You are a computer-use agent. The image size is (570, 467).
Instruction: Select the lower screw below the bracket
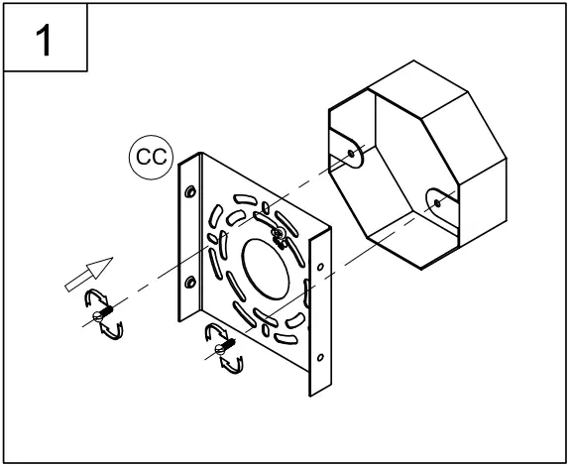(x=224, y=348)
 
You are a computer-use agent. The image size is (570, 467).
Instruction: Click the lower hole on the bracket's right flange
(x=319, y=357)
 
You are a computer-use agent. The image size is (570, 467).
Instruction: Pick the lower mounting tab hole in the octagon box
(x=437, y=202)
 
